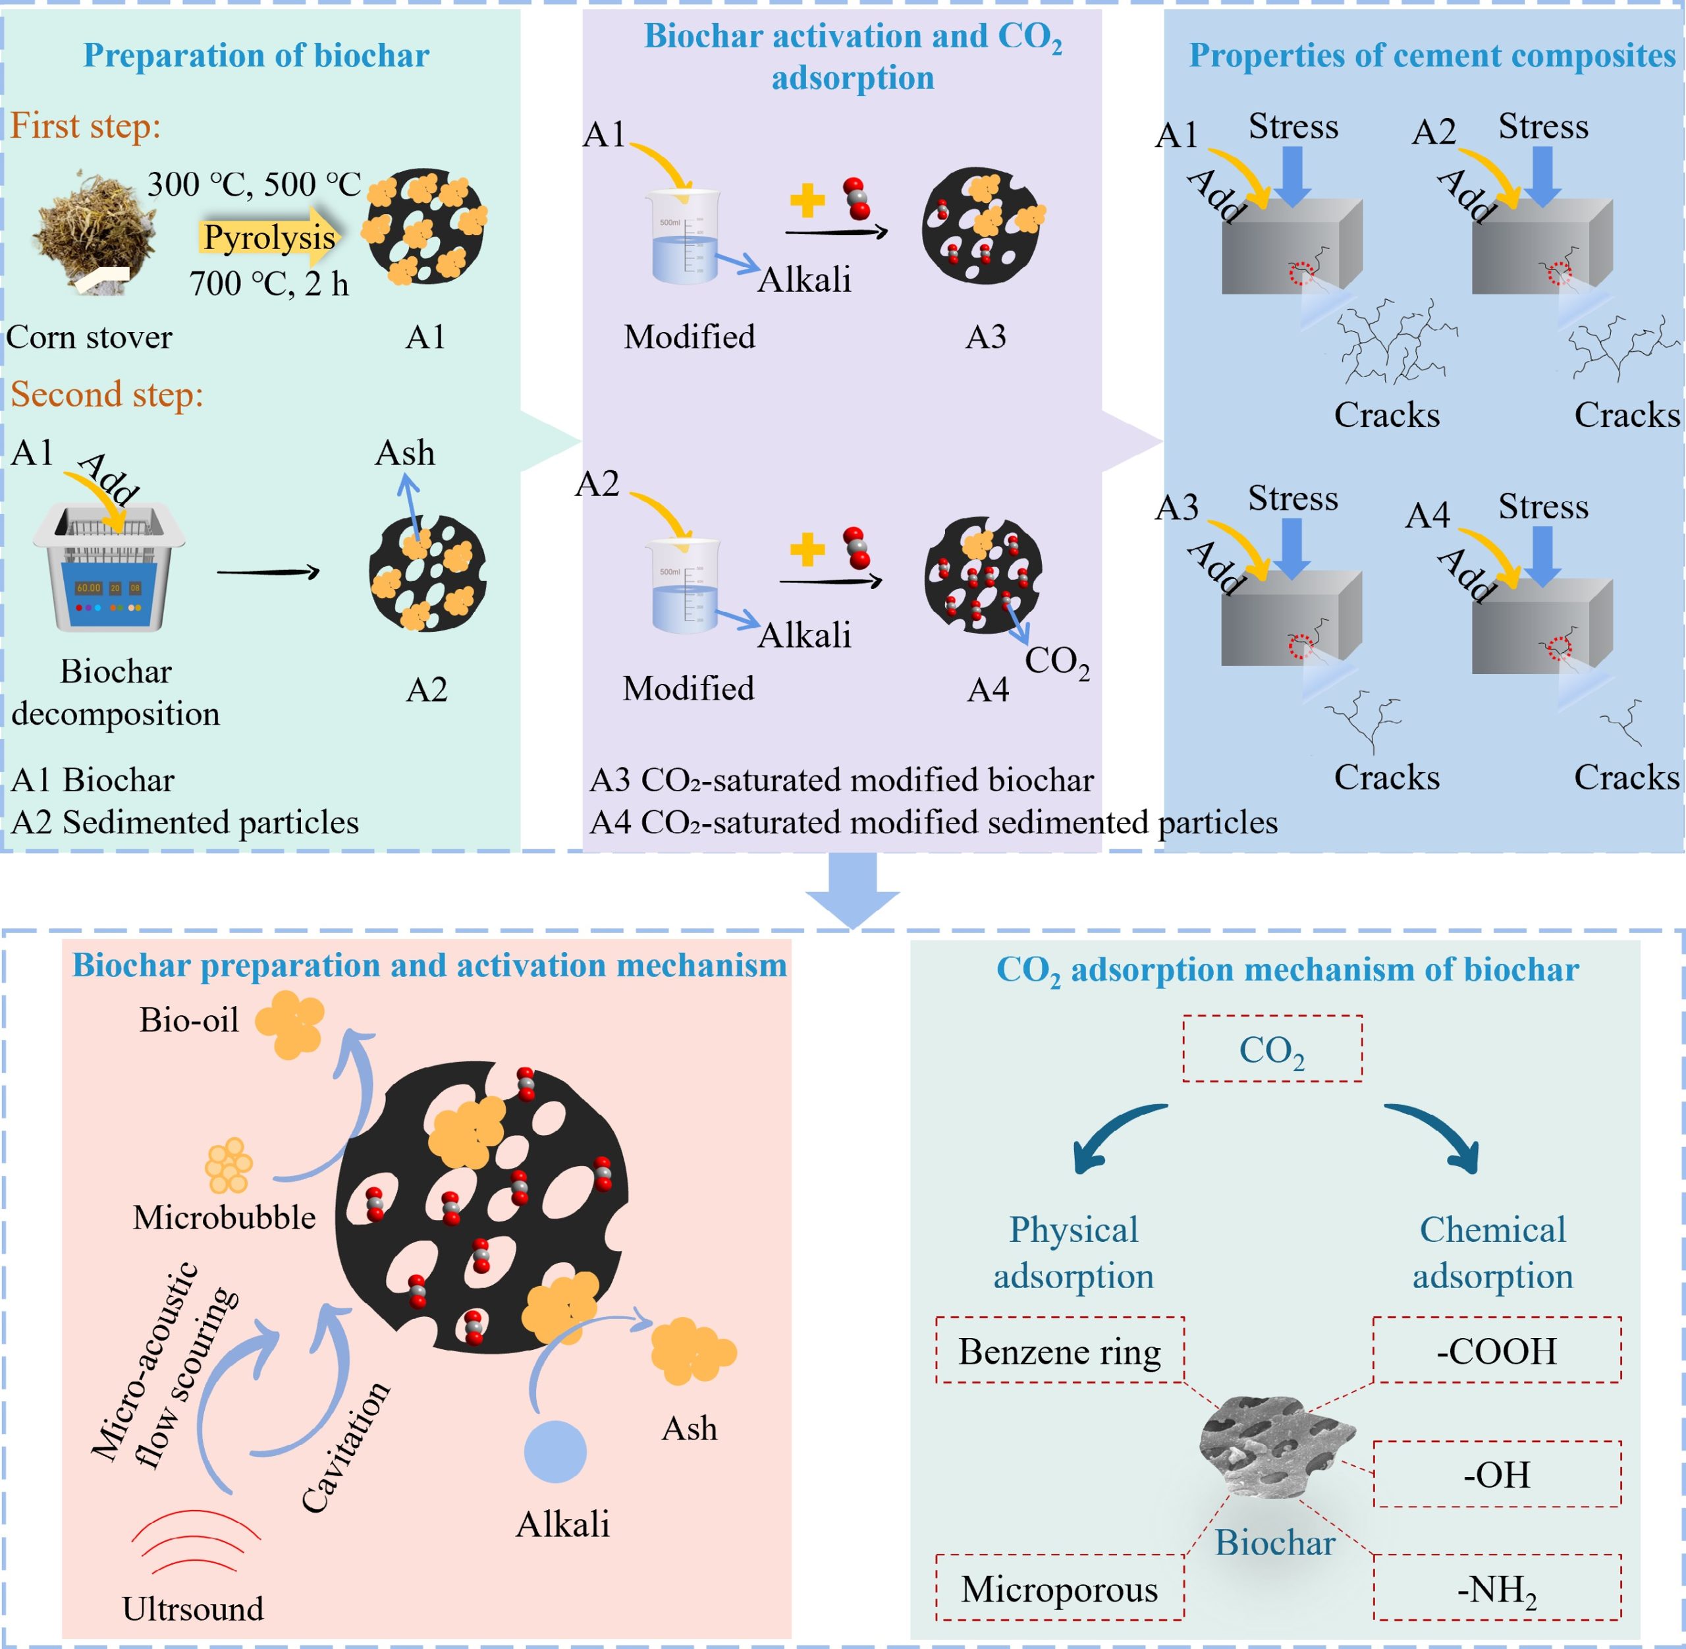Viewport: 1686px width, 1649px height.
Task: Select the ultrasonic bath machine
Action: click(109, 567)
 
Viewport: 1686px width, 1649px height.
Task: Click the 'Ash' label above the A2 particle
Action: click(404, 453)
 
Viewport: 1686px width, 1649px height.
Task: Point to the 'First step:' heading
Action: click(85, 126)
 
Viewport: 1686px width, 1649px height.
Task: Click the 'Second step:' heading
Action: click(107, 394)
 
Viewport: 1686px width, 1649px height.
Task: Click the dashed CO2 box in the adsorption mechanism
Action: click(1272, 1049)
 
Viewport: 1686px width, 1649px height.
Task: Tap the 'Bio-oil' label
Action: click(189, 1020)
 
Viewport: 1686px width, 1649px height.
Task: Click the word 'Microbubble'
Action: click(223, 1217)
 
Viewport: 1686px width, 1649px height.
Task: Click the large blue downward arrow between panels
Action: click(852, 889)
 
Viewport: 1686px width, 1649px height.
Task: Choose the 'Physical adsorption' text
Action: click(1073, 1252)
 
